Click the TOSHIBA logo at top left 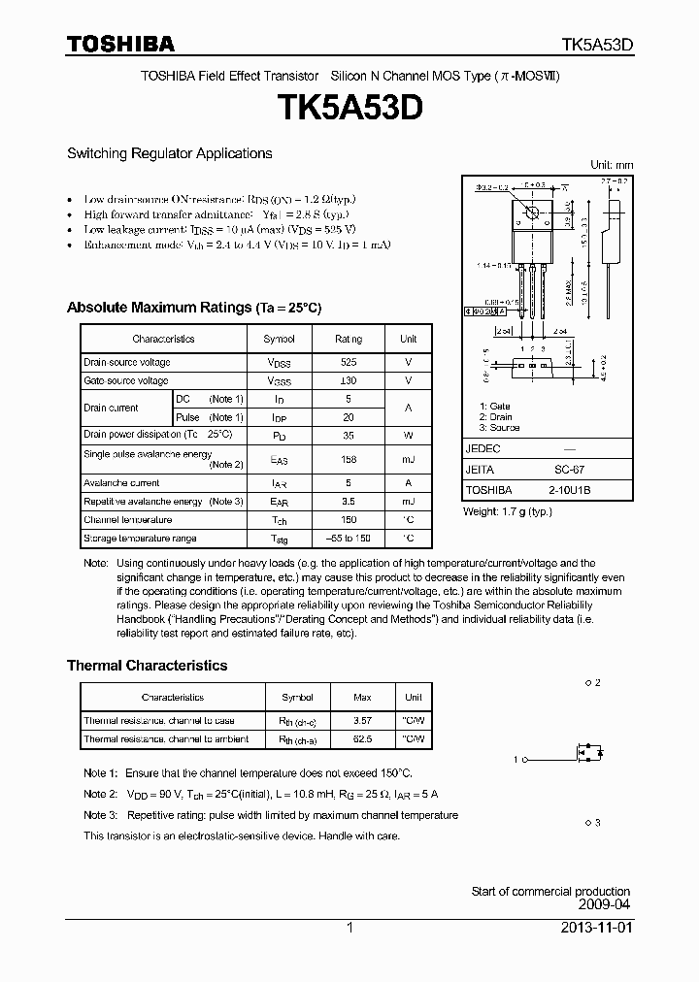click(x=120, y=44)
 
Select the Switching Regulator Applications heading click(x=169, y=153)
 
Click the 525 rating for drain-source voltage click(x=348, y=362)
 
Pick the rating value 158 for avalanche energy click(x=348, y=459)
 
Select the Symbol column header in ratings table click(x=279, y=339)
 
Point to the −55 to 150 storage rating click(x=348, y=539)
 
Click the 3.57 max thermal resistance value click(x=363, y=721)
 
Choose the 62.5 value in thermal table click(x=363, y=739)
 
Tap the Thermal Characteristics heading click(x=147, y=666)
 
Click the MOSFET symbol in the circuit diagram click(x=588, y=752)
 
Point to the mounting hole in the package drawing click(x=531, y=212)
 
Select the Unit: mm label click(x=611, y=165)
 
